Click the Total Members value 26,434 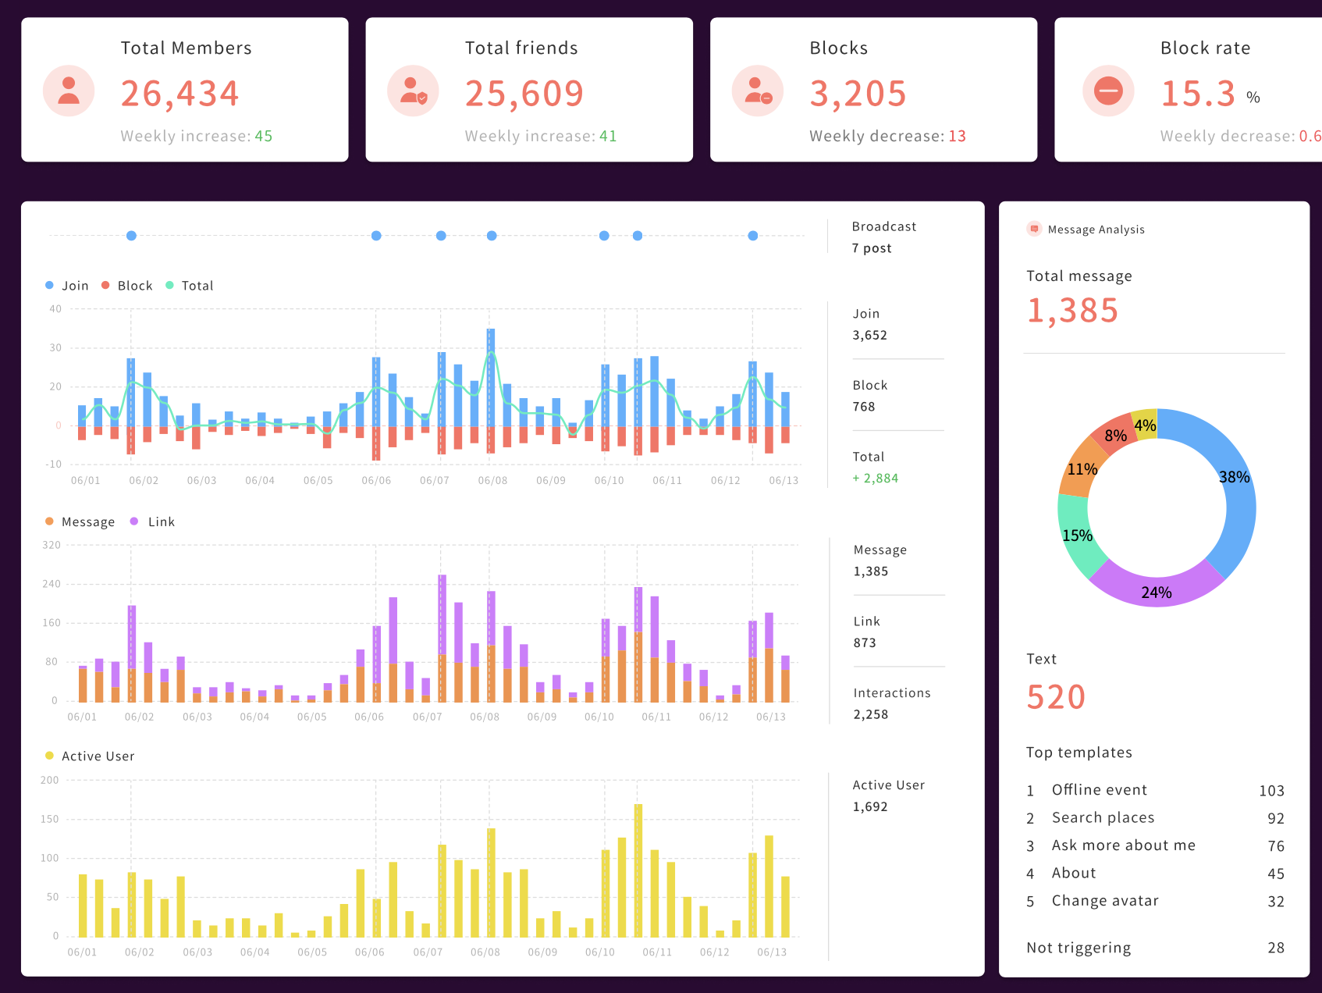pos(179,94)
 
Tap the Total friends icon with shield pos(413,91)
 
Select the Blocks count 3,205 pos(858,94)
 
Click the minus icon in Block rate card pos(1107,91)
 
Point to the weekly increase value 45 pos(264,136)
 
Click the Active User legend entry pos(91,756)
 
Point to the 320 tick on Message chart pos(52,545)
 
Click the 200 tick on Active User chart pos(50,780)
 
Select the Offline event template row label pos(1099,790)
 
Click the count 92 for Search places pos(1275,818)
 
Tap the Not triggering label pos(1078,948)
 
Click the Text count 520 pos(1056,696)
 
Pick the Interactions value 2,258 pos(870,714)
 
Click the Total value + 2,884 pos(875,478)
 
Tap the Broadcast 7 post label pos(872,248)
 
